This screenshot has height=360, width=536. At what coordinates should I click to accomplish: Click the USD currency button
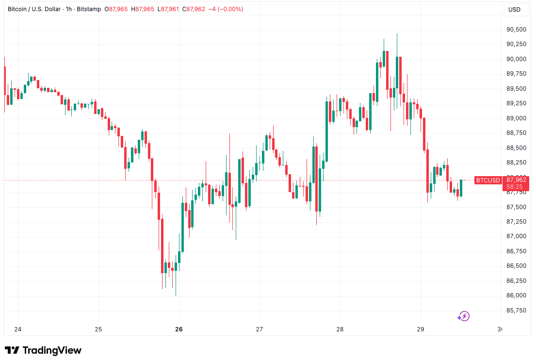tap(514, 9)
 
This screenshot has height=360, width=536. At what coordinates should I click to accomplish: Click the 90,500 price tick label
tap(517, 30)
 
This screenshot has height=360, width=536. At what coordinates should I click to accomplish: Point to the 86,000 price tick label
tap(517, 295)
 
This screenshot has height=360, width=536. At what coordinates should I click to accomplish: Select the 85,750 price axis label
tap(517, 311)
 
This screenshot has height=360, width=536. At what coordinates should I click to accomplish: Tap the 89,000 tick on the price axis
tap(517, 118)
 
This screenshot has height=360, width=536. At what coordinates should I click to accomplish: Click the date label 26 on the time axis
tap(179, 329)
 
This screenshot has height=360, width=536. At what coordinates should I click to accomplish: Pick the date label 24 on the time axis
tap(18, 329)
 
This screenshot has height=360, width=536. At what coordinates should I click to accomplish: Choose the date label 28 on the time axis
tap(340, 329)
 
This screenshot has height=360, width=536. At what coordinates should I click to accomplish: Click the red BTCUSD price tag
tap(488, 180)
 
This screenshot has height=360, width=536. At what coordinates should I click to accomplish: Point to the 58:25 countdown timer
tap(515, 186)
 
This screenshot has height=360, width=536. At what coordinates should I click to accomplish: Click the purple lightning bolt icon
tap(464, 316)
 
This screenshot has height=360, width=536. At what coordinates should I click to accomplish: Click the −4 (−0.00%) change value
tap(226, 9)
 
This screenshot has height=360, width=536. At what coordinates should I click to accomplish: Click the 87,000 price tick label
tap(517, 236)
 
